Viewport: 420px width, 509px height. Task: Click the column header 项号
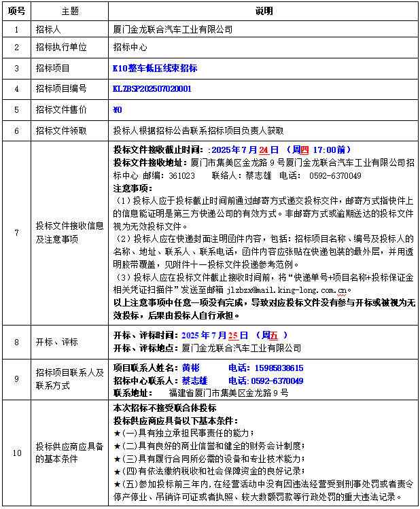click(x=16, y=12)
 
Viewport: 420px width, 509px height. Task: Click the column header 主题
click(x=70, y=12)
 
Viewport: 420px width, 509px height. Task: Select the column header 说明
click(x=263, y=12)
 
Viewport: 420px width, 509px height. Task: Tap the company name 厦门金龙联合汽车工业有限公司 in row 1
click(x=173, y=29)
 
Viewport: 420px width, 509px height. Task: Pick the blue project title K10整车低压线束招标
click(x=155, y=69)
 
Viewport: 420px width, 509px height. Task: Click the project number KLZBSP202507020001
click(x=152, y=89)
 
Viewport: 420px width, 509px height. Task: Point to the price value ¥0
click(x=117, y=109)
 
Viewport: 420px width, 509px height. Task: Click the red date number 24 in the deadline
click(x=264, y=150)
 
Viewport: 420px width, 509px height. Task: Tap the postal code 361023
click(x=181, y=175)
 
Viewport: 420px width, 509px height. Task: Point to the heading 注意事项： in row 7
click(x=133, y=188)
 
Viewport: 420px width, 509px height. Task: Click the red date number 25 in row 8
click(x=233, y=335)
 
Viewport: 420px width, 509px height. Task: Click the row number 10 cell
click(x=16, y=452)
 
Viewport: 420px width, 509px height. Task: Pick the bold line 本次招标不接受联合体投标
click(x=165, y=408)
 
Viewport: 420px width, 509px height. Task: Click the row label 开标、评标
click(x=57, y=342)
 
